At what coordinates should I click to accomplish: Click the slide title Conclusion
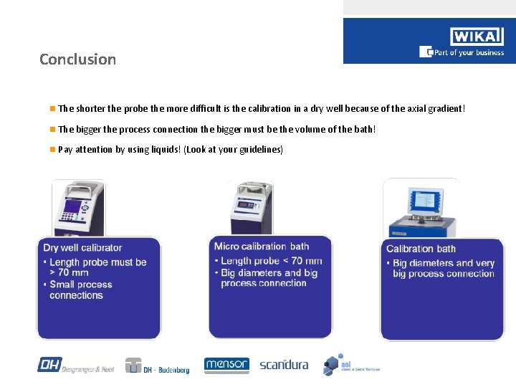[77, 59]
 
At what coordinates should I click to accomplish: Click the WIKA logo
[477, 37]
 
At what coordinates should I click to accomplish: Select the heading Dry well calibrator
[83, 248]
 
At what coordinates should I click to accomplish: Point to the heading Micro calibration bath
[262, 247]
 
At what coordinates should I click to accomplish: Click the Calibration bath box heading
[421, 249]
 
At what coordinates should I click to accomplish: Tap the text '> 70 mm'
[70, 273]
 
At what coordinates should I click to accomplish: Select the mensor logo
[226, 365]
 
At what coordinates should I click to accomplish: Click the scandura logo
[284, 365]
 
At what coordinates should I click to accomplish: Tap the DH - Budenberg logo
[158, 366]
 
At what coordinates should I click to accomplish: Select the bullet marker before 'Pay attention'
[52, 150]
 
